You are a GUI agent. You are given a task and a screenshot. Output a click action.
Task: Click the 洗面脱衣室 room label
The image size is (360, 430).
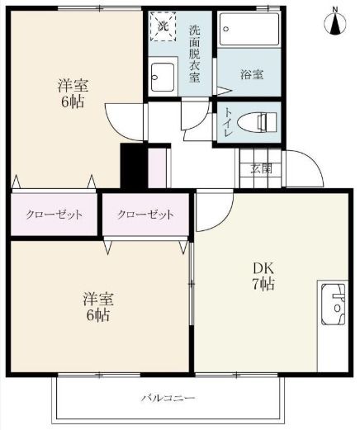(x=195, y=54)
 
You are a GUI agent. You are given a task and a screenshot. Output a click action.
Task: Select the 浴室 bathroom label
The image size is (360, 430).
(x=252, y=75)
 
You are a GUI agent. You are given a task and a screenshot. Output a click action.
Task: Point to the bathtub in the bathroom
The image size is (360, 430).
(x=248, y=32)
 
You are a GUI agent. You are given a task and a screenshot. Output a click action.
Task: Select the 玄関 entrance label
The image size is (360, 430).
(x=262, y=169)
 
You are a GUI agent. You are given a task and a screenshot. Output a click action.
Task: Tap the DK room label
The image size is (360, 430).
(x=263, y=268)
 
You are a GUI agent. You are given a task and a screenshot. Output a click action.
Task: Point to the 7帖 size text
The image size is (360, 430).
(x=263, y=285)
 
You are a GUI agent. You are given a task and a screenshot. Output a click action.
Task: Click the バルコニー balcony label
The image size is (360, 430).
(x=168, y=399)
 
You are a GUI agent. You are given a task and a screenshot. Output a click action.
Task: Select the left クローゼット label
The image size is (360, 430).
(x=54, y=215)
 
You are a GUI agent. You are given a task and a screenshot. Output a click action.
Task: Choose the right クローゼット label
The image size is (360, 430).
(x=145, y=215)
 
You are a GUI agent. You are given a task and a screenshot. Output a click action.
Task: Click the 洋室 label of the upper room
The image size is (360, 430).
(x=73, y=85)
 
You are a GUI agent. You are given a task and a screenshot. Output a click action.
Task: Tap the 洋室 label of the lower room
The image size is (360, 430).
(x=97, y=298)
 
